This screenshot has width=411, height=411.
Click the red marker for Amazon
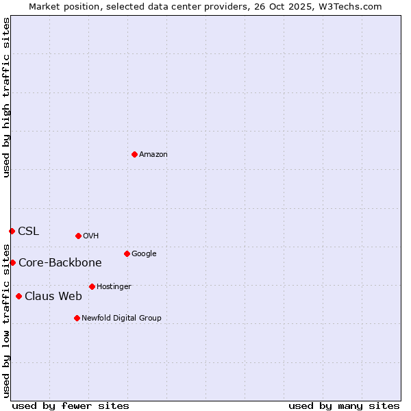[134, 154]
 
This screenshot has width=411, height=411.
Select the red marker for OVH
[78, 236]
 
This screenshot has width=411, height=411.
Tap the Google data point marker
[127, 253]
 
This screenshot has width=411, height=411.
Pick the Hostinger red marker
[92, 286]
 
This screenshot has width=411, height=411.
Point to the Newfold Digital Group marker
[77, 318]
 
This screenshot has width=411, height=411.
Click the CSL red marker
[12, 231]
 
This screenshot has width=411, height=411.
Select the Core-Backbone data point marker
[12, 262]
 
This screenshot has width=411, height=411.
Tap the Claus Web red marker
[18, 296]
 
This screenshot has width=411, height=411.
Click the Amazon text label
[153, 155]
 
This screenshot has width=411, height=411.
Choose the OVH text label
[91, 236]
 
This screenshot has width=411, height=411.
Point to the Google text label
[144, 254]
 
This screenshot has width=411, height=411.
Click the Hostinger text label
[114, 287]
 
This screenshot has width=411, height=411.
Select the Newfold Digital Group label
[122, 319]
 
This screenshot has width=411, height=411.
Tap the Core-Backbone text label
[60, 263]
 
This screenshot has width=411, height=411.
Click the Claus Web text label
[53, 297]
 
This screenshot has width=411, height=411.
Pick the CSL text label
[29, 232]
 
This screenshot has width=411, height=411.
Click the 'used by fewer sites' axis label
[71, 406]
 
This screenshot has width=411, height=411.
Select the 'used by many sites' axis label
[344, 406]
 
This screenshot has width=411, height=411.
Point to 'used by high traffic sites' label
[6, 97]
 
